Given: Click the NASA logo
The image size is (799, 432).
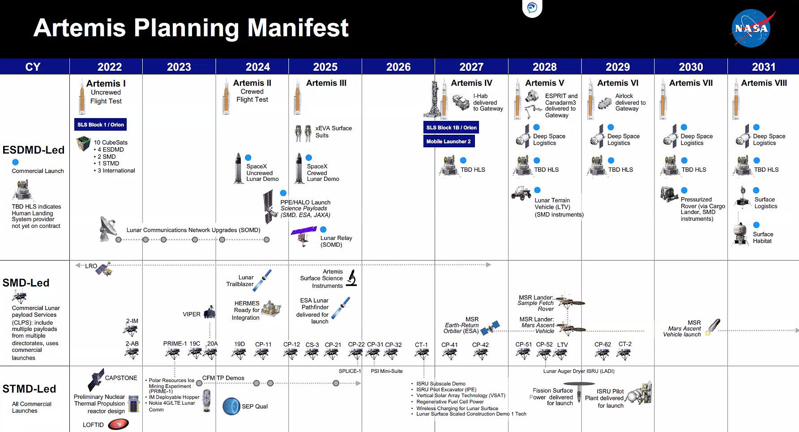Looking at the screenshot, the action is click(752, 28).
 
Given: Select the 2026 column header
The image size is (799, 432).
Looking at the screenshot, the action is click(398, 67).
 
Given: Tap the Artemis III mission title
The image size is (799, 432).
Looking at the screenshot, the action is click(326, 83).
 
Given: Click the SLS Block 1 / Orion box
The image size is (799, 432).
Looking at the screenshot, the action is click(100, 124).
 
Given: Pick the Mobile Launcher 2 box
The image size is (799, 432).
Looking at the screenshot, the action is click(449, 141).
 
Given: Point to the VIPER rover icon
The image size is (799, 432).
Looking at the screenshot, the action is click(209, 312).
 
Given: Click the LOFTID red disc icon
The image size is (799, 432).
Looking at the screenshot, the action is click(118, 424).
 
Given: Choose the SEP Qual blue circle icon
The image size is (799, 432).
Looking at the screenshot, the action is click(231, 406).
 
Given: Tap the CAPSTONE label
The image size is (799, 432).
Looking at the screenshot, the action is click(121, 378).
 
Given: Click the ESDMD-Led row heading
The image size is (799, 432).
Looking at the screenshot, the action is click(34, 150).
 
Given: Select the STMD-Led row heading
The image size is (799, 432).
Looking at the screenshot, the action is click(29, 389).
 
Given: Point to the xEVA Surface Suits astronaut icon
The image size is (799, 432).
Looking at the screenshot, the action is click(303, 133).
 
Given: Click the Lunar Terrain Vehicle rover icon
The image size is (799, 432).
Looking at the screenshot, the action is click(521, 193).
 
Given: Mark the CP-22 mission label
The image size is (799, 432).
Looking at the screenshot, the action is click(356, 344).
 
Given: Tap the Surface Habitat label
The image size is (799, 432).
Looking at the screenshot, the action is click(763, 237).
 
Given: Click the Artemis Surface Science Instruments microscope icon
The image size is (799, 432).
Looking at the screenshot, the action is click(352, 278).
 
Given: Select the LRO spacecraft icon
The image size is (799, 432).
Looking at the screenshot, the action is click(104, 269).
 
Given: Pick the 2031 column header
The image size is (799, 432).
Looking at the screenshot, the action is click(763, 67).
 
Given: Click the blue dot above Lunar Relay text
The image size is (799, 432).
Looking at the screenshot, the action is click(323, 230).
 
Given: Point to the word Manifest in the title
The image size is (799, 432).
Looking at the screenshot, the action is click(298, 28).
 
